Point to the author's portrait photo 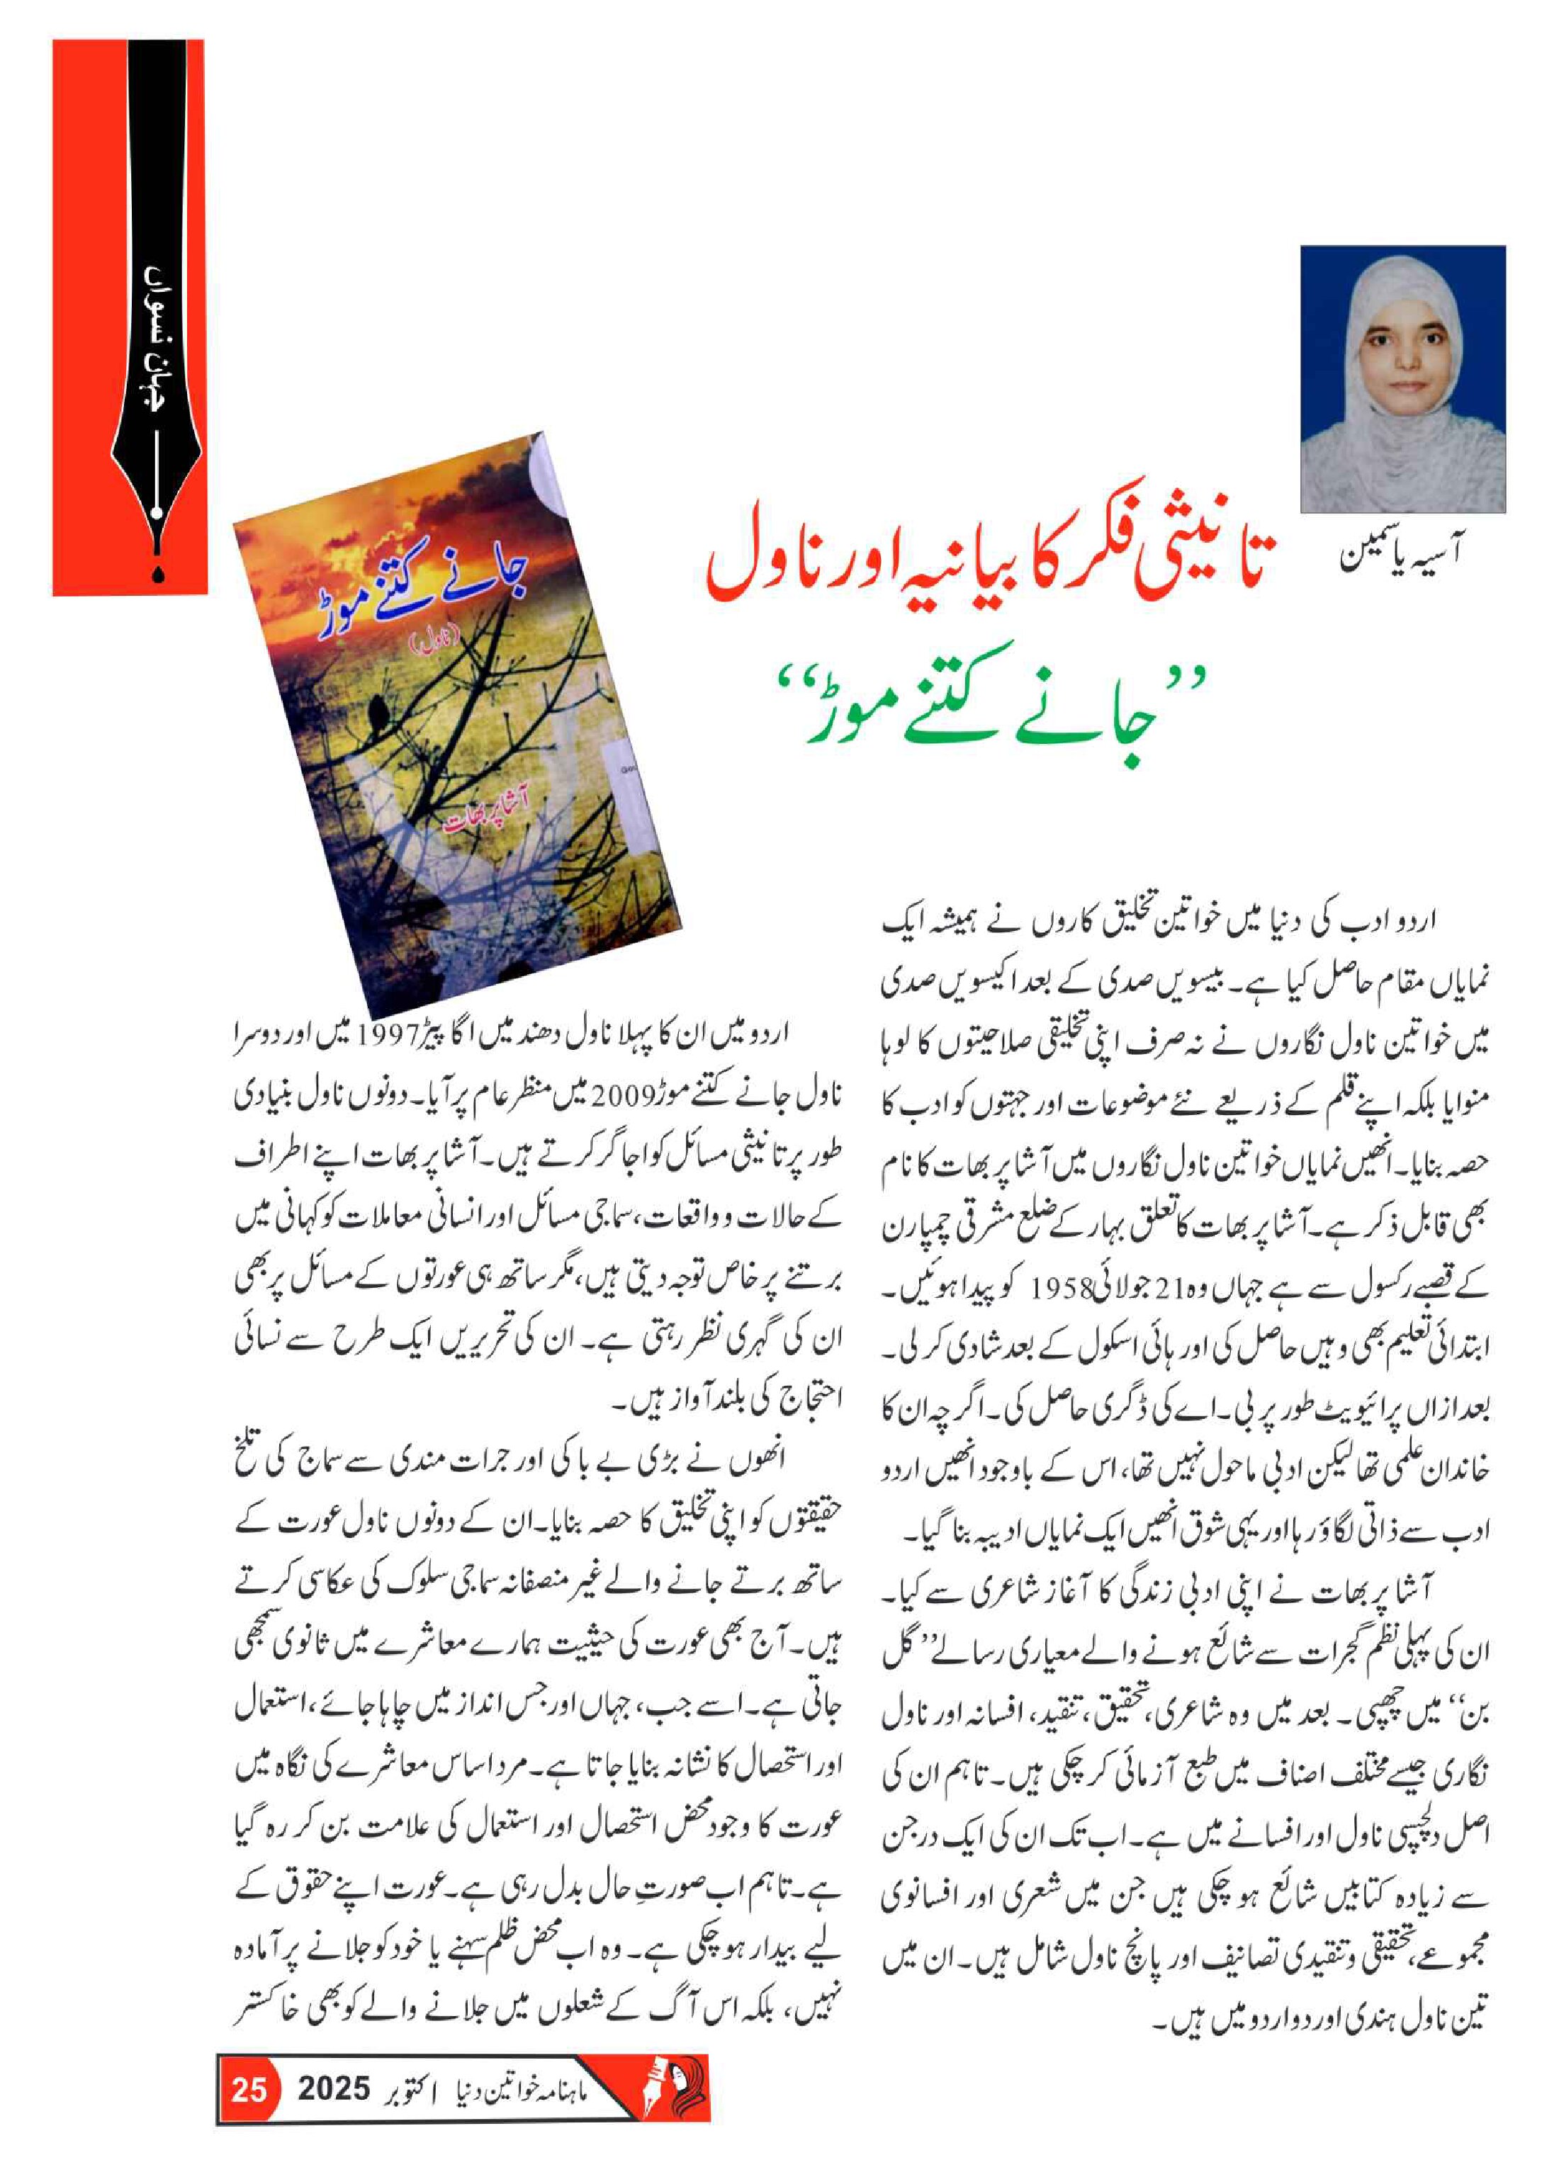coord(1402,379)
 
